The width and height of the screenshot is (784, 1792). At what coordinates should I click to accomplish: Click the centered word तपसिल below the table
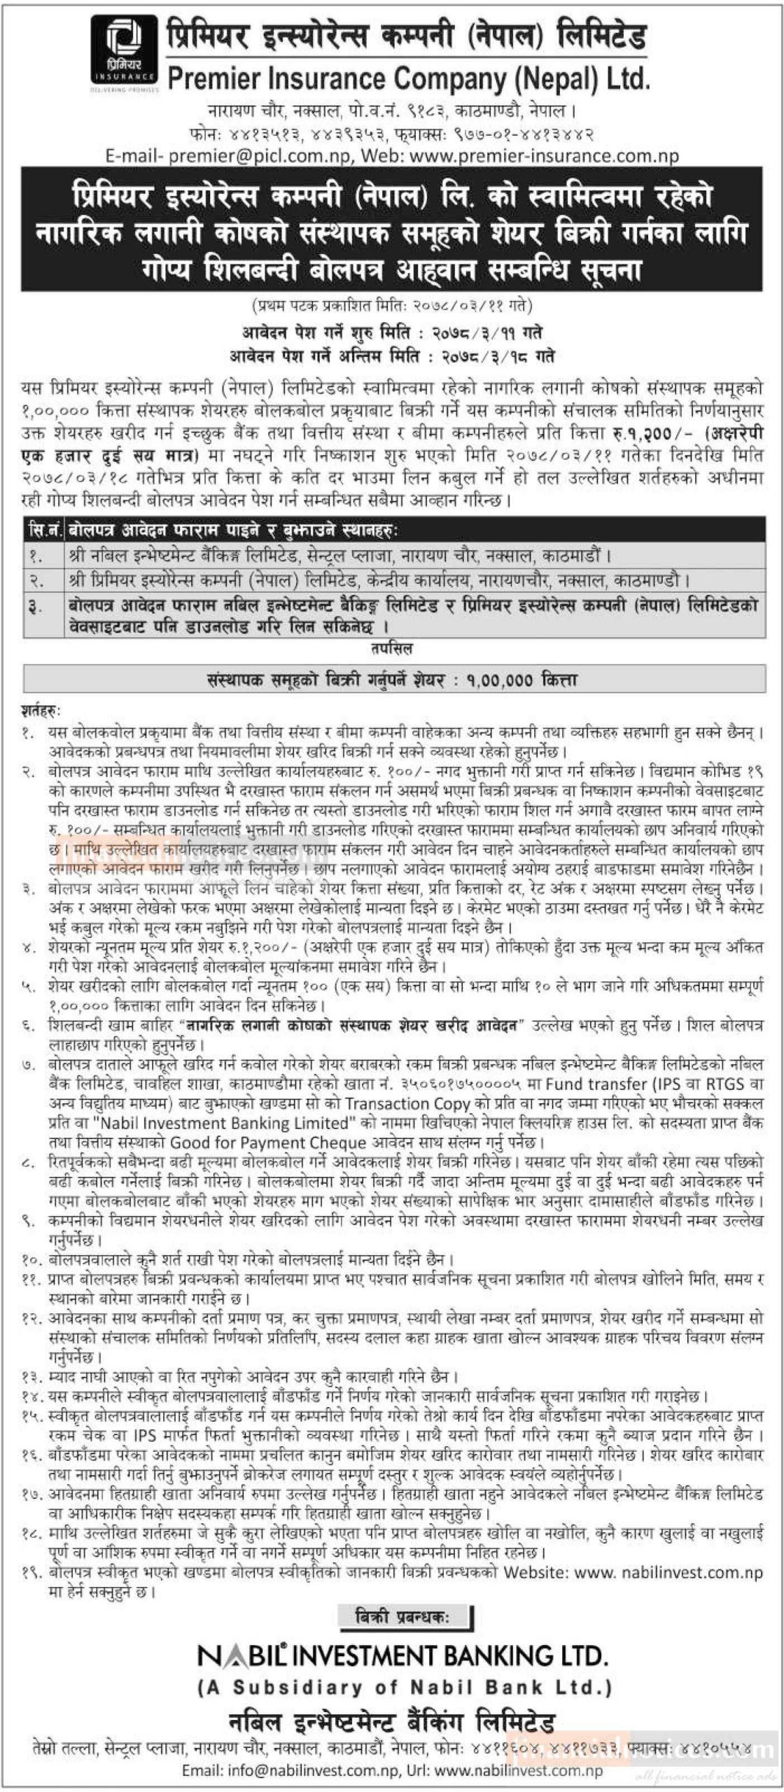tap(392, 649)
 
